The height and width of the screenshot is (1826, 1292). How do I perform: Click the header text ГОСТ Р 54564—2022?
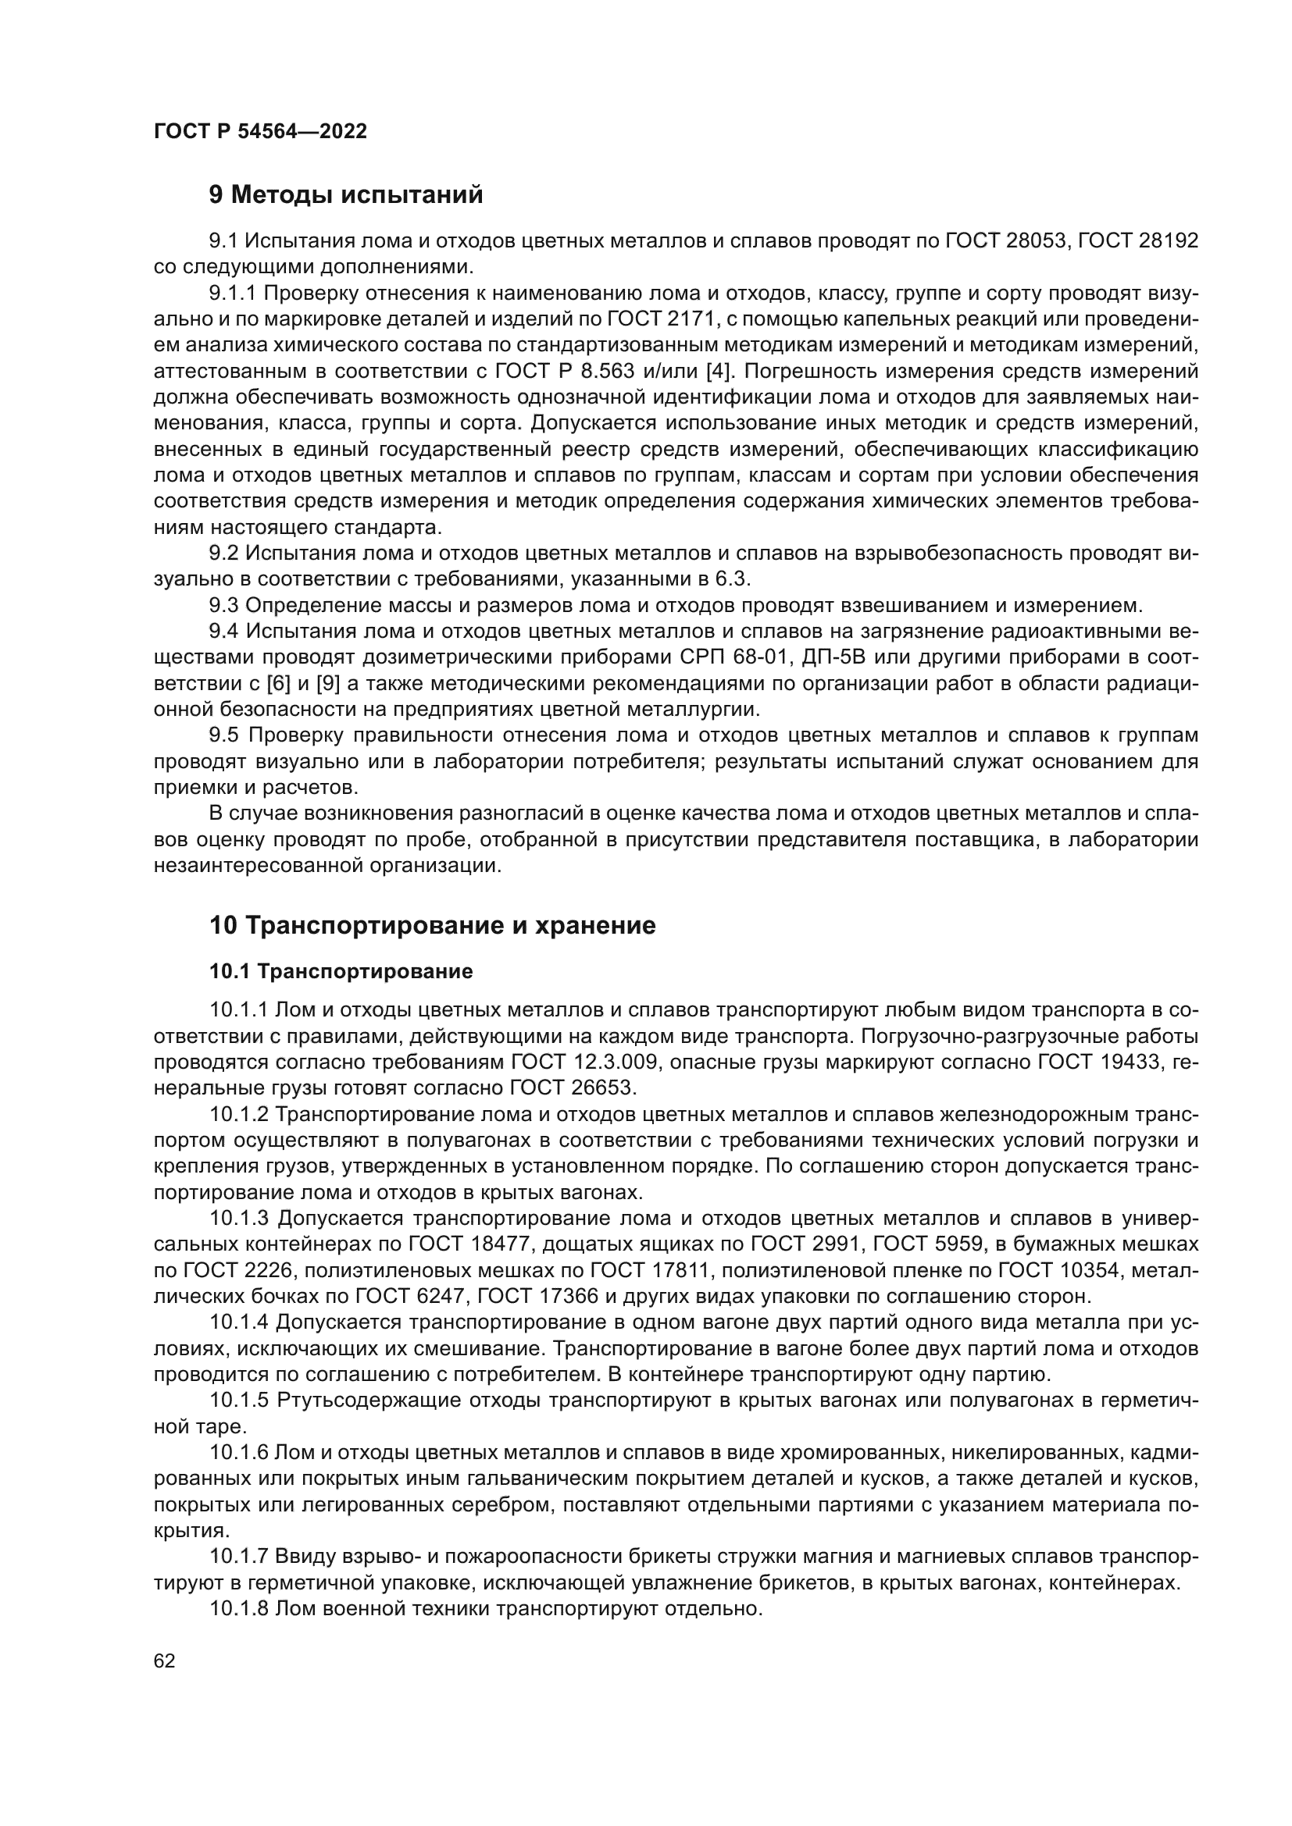tap(260, 132)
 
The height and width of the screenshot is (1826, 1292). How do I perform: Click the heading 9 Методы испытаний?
tap(346, 195)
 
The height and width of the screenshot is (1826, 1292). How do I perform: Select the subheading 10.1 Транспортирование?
tap(341, 971)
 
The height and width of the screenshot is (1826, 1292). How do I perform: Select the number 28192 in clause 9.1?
tap(1168, 241)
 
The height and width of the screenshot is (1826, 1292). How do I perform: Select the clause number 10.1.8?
tap(240, 1609)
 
